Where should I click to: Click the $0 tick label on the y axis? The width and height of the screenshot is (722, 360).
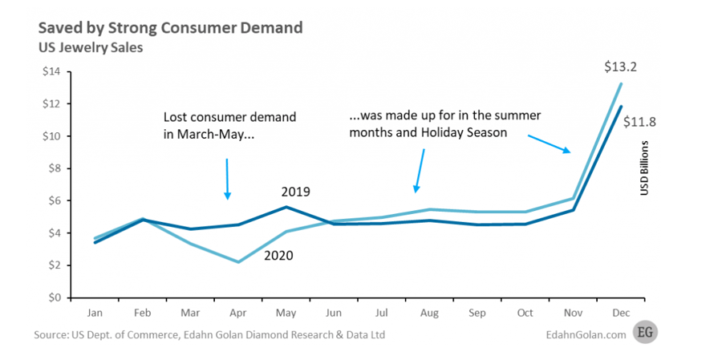click(x=52, y=297)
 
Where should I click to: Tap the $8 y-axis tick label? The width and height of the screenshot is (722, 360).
click(x=52, y=168)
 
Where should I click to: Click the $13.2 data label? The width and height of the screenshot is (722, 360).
click(x=620, y=67)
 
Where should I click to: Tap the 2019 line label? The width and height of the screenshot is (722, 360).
click(x=295, y=192)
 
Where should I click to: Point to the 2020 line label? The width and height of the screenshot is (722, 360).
click(x=278, y=257)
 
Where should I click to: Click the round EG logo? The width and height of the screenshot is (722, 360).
click(x=644, y=332)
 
